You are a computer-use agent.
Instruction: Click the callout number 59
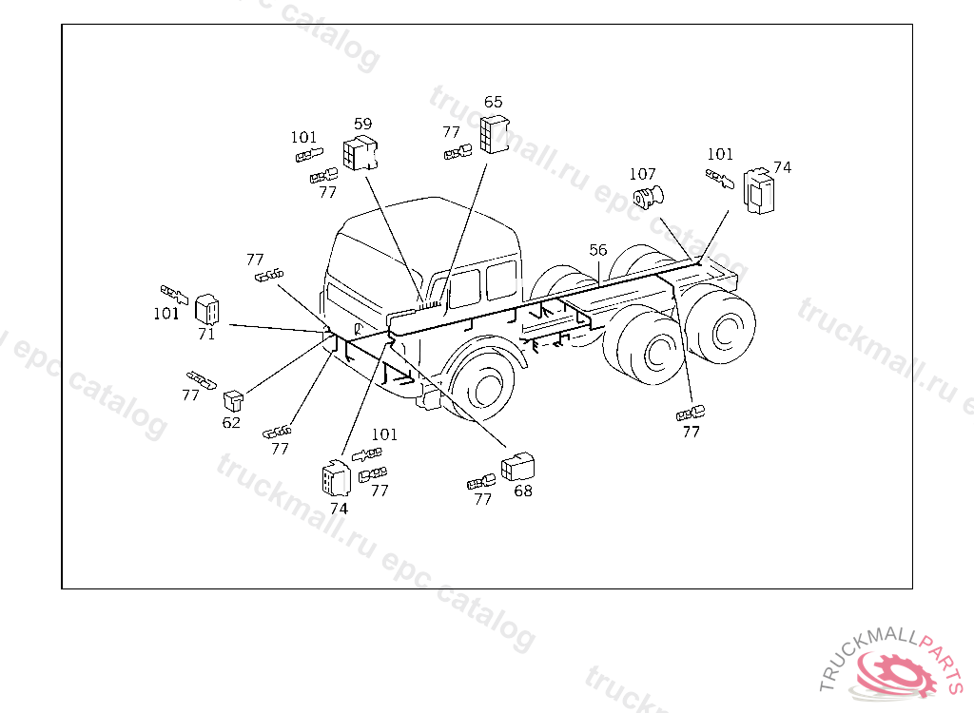pyautogui.click(x=362, y=125)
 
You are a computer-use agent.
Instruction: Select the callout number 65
pyautogui.click(x=494, y=102)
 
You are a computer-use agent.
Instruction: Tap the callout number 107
pyautogui.click(x=642, y=174)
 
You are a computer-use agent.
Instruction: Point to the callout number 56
pyautogui.click(x=597, y=250)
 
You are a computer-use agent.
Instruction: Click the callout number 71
pyautogui.click(x=206, y=334)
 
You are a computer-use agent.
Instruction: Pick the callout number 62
pyautogui.click(x=231, y=422)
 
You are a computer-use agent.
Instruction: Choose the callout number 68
pyautogui.click(x=523, y=491)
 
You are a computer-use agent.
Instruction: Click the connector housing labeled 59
pyautogui.click(x=360, y=153)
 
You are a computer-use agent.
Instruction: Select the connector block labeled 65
pyautogui.click(x=495, y=133)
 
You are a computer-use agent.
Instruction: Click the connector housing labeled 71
pyautogui.click(x=206, y=309)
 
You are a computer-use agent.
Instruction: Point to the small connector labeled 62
pyautogui.click(x=233, y=400)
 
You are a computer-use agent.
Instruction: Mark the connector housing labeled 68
pyautogui.click(x=517, y=467)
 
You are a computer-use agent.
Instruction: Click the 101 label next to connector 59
pyautogui.click(x=303, y=137)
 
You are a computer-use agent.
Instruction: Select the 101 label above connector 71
pyautogui.click(x=166, y=314)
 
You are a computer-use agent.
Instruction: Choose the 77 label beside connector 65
pyautogui.click(x=451, y=132)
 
